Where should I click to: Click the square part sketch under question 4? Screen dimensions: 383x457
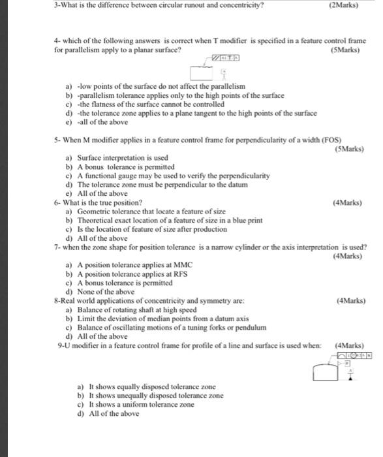[x=204, y=72]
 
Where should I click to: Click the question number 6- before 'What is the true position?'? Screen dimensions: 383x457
[x=57, y=203]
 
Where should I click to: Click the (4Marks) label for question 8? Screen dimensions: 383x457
[x=350, y=300]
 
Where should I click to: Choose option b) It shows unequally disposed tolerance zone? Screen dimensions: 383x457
[x=150, y=396]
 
